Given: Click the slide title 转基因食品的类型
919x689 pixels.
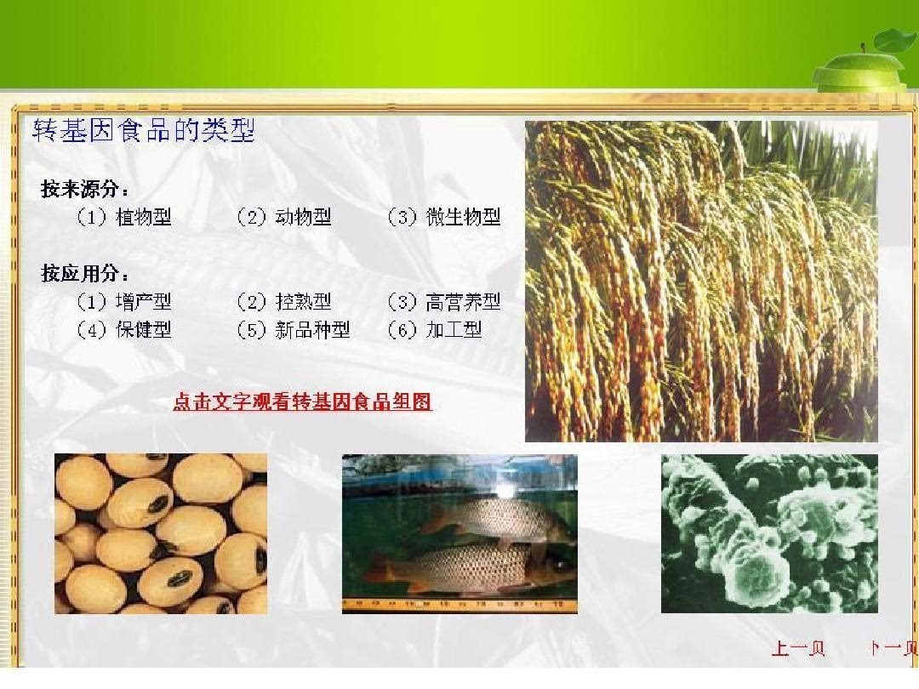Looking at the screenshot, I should (x=144, y=132).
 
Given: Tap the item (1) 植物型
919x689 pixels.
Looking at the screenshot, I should (x=124, y=218).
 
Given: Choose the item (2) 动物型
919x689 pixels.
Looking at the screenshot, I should (x=283, y=218).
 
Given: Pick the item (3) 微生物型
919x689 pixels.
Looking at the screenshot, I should (x=443, y=218).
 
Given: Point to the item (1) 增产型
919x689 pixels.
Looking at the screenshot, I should (x=124, y=302).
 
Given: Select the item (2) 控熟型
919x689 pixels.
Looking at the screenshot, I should (x=283, y=302).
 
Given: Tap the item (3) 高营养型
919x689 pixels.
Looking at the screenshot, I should (x=443, y=302).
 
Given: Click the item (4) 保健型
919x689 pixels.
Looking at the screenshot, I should (x=124, y=330).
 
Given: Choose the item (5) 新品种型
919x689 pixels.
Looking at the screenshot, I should (x=293, y=330).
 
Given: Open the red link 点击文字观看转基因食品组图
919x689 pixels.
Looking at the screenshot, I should (x=303, y=402).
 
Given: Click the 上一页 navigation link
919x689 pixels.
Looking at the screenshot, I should (x=798, y=649).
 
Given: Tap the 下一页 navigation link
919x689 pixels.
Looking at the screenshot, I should (x=893, y=649).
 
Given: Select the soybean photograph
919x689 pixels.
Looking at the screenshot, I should (x=161, y=533).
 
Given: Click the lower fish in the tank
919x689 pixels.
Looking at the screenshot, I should (x=477, y=568).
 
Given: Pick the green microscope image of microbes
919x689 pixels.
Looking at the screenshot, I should (x=769, y=533).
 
